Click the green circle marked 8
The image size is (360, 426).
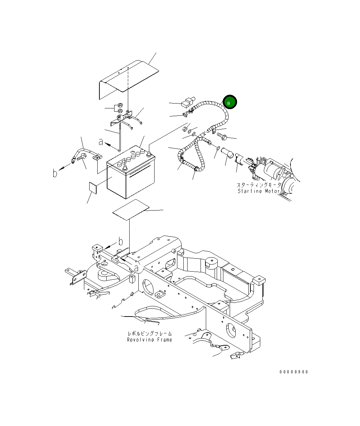pos(230,102)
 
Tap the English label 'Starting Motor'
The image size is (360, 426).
pos(259,191)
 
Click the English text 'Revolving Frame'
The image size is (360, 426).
pos(150,340)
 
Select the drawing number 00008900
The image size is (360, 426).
pos(294,372)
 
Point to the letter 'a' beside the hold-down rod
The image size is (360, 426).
pos(101,142)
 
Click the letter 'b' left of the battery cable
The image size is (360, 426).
pos(55,173)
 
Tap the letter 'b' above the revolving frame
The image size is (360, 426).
pos(120,241)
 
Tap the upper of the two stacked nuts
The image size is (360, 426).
pos(119,105)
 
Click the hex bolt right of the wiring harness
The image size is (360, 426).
pos(221,135)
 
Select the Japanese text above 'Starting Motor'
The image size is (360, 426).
pos(259,185)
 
